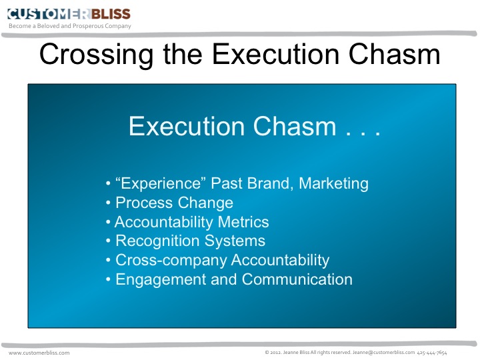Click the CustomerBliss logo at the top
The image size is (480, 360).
[x=69, y=13]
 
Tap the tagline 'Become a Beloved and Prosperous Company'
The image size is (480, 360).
[x=70, y=26]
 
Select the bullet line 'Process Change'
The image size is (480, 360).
[x=174, y=203]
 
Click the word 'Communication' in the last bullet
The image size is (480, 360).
[x=297, y=280]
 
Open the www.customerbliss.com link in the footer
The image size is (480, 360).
[x=39, y=352]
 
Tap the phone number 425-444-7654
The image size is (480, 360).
[x=432, y=352]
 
